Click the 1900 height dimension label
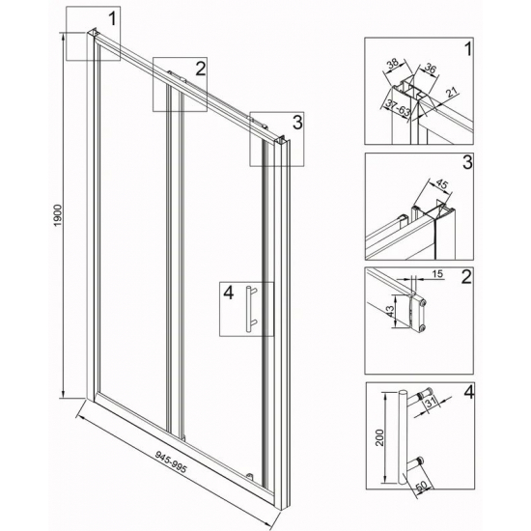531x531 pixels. (59, 215)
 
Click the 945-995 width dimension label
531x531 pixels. (171, 461)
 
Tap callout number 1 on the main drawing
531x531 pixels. (112, 18)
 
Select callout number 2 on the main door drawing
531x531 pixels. (201, 69)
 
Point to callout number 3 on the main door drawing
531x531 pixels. (297, 123)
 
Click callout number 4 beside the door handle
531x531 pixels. (229, 293)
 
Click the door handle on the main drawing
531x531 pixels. (251, 309)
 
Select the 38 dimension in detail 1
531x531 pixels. (393, 65)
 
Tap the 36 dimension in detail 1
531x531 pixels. (430, 69)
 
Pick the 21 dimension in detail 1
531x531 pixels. (452, 92)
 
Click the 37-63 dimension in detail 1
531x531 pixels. (399, 109)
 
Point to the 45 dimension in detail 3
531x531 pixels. (441, 184)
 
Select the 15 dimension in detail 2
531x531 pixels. (437, 273)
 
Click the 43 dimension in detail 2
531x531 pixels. (390, 311)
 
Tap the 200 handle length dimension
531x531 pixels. (380, 437)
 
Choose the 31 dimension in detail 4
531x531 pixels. (431, 403)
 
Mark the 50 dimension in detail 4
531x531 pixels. (422, 487)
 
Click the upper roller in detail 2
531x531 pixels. (422, 301)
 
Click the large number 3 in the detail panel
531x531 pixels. (467, 162)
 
